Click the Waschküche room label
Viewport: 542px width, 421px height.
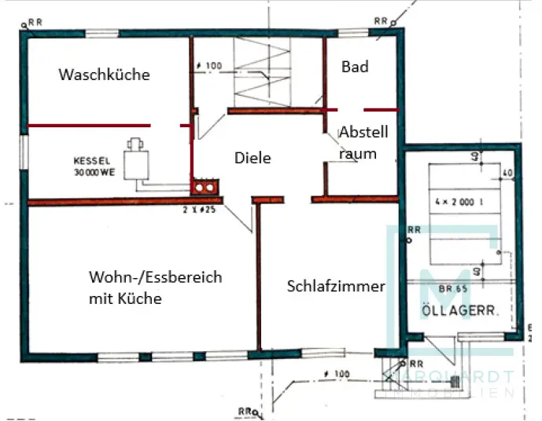click(104, 75)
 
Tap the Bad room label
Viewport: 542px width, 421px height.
click(355, 67)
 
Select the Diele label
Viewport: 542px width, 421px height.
click(253, 158)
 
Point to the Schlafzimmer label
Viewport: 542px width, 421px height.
click(336, 286)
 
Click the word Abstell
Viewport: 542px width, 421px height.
click(363, 134)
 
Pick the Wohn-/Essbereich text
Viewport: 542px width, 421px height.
click(155, 277)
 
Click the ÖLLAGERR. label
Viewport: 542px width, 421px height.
click(462, 309)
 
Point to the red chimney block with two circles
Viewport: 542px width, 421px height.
click(206, 189)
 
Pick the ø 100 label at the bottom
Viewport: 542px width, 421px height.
click(335, 375)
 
